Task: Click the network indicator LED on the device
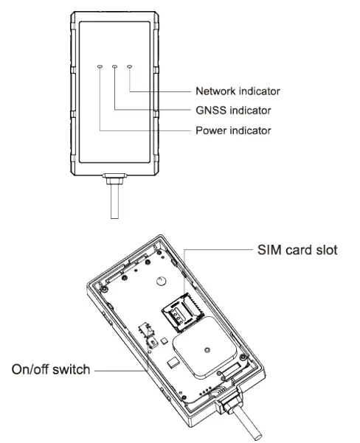pos(130,66)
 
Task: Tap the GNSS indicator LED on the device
pos(115,66)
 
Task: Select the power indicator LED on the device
pos(100,66)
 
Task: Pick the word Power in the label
pos(210,131)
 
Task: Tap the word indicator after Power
pos(250,131)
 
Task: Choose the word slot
pos(325,250)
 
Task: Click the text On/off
pos(30,369)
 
